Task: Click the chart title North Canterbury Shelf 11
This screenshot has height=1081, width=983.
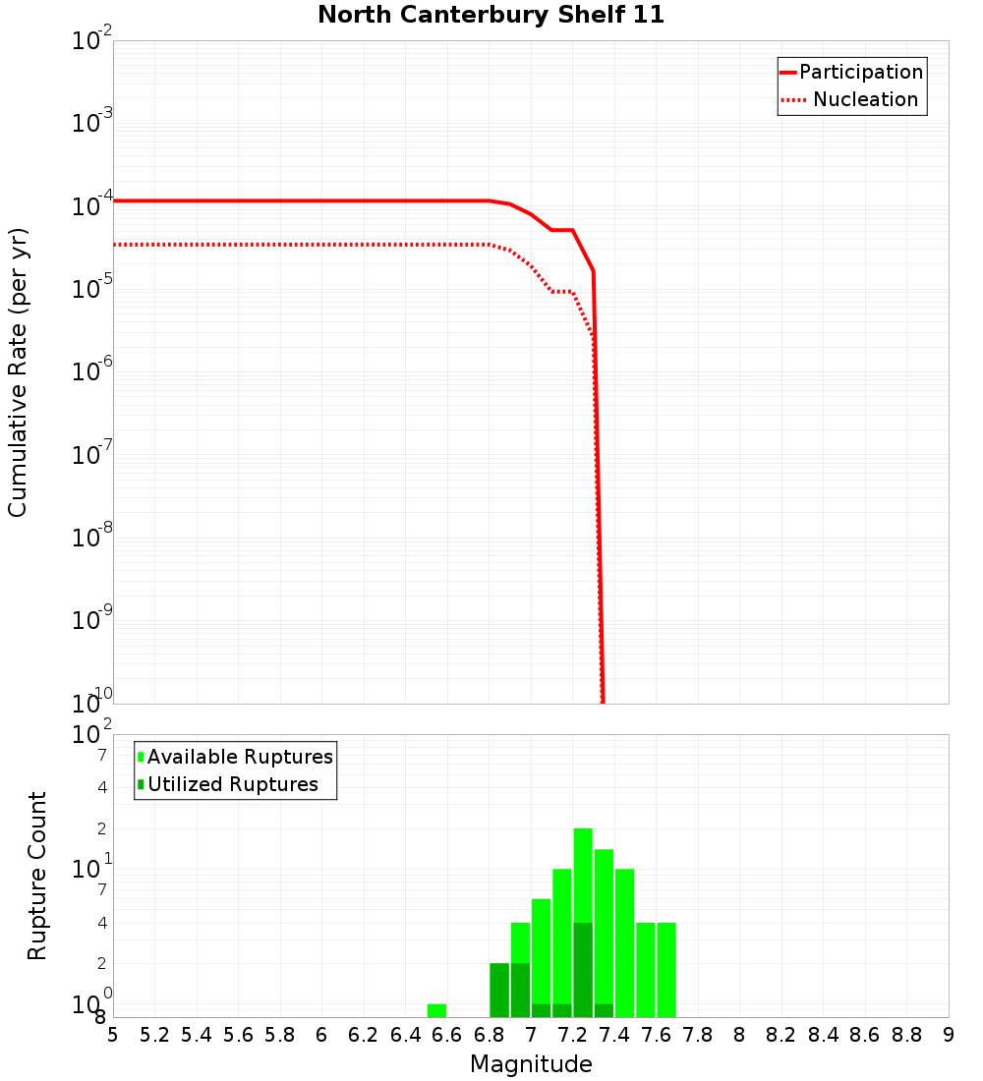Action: pyautogui.click(x=491, y=15)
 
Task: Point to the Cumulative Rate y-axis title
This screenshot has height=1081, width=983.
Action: pyautogui.click(x=18, y=371)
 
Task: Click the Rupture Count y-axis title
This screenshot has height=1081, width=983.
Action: pyautogui.click(x=37, y=876)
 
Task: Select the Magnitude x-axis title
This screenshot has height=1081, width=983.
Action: pyautogui.click(x=531, y=1064)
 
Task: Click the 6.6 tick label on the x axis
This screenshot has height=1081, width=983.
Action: pyautogui.click(x=447, y=1035)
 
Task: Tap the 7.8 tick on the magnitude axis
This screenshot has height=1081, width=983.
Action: pyautogui.click(x=698, y=1035)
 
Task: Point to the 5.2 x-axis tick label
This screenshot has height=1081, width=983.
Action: pyautogui.click(x=154, y=1035)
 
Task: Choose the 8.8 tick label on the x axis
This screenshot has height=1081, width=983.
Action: pyautogui.click(x=906, y=1035)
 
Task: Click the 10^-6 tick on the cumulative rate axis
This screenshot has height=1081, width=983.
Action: pyautogui.click(x=92, y=371)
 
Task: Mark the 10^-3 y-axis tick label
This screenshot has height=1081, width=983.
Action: pyautogui.click(x=92, y=123)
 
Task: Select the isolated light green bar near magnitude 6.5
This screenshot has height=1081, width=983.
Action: pyautogui.click(x=436, y=1010)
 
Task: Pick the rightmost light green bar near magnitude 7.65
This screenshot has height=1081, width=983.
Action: pyautogui.click(x=666, y=969)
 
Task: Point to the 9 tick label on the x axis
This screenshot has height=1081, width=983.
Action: pyautogui.click(x=948, y=1035)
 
